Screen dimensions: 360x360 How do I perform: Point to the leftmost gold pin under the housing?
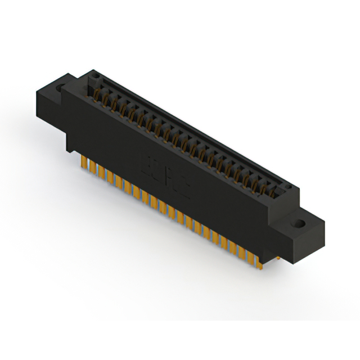85,163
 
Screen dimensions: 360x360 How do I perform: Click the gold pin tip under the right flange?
278,258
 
